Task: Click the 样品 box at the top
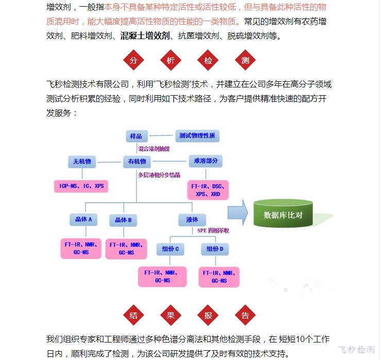137,136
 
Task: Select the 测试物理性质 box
197,136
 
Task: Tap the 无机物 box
82,162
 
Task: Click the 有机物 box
137,162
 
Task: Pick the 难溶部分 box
206,161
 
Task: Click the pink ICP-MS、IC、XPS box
81,185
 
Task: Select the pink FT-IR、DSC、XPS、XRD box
208,190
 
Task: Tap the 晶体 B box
124,220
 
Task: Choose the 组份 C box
170,249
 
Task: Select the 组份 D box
215,249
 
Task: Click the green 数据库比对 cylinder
283,214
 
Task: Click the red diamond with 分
133,61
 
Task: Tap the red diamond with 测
245,61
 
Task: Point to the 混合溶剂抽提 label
154,149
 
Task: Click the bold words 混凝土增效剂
145,36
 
